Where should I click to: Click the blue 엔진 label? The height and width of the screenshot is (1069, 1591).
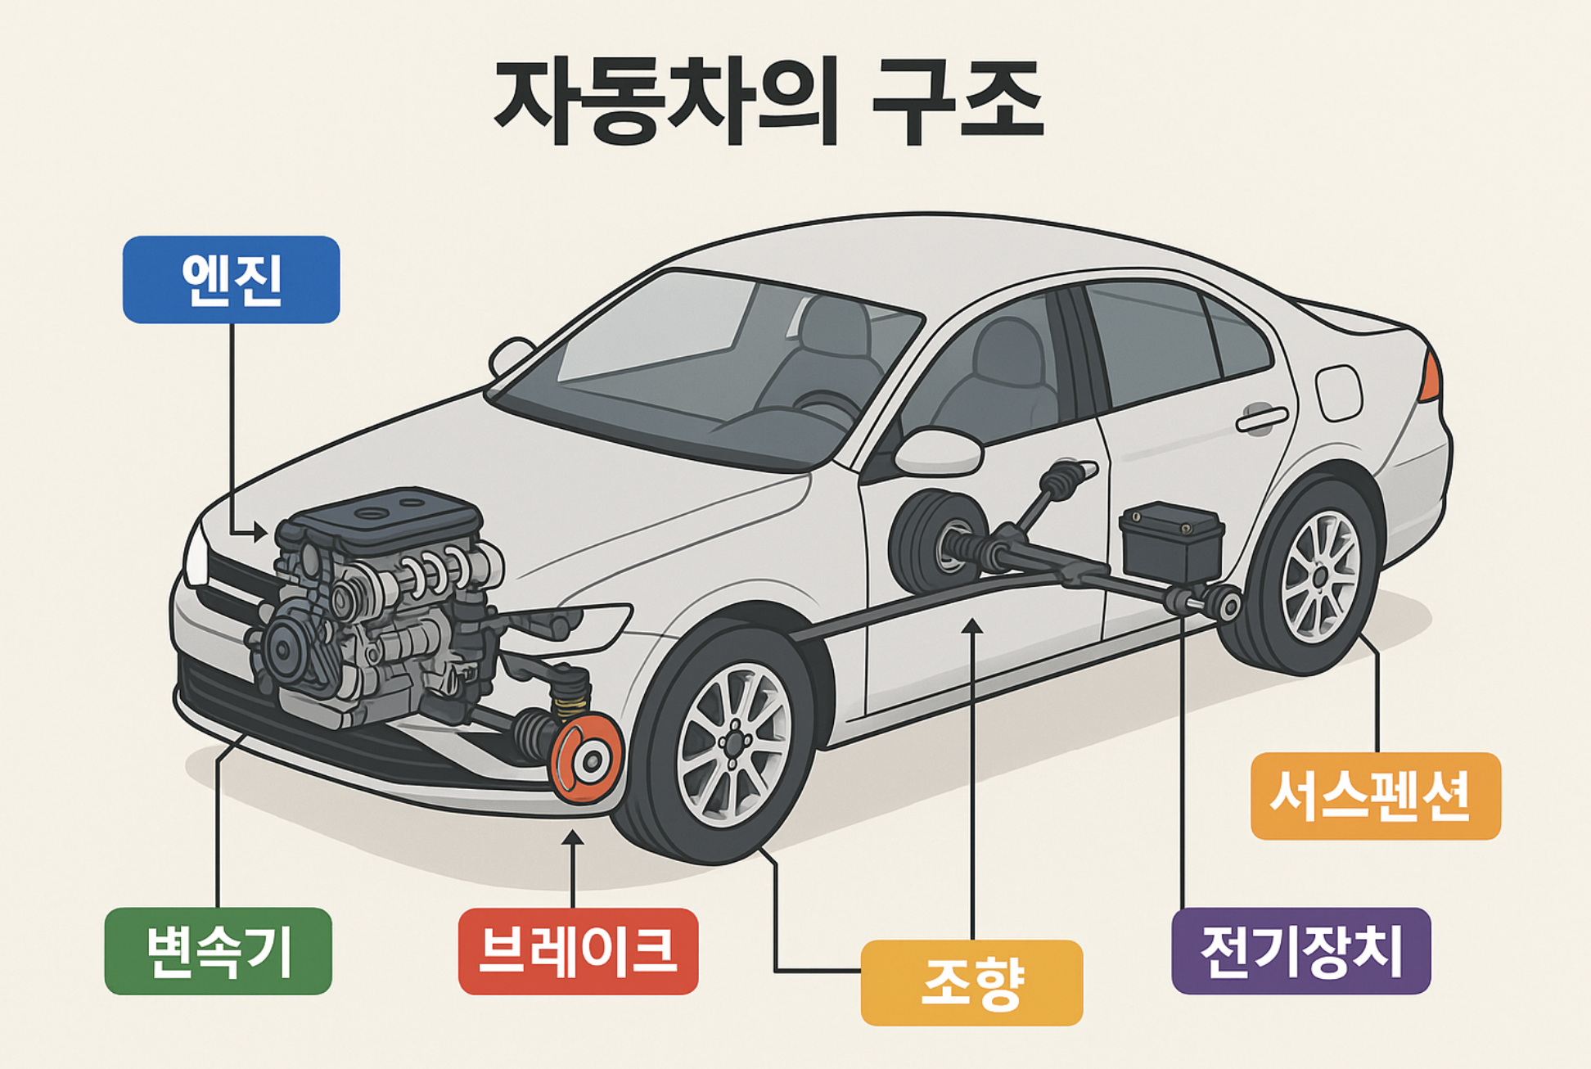231,280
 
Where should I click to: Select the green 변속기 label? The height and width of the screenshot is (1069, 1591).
219,951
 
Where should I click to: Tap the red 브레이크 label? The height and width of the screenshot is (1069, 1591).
578,951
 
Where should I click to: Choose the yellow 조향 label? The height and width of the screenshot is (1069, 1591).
971,982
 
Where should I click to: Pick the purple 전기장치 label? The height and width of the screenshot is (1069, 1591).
1300,951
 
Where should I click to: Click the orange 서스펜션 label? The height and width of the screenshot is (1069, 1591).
1375,796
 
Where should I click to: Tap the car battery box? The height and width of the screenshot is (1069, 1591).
1171,542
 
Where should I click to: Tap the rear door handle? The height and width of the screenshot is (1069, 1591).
1261,419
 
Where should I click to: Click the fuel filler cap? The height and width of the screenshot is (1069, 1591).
1338,393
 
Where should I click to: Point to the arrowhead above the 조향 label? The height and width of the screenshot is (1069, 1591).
971,627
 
